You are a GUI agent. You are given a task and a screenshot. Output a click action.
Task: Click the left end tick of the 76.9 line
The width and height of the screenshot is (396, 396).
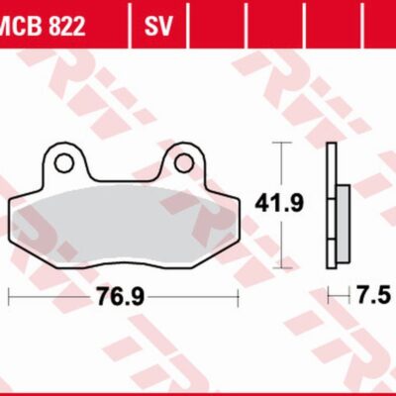click(x=9, y=295)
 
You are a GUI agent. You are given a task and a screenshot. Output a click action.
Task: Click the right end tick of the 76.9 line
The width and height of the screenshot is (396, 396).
click(x=241, y=295)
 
